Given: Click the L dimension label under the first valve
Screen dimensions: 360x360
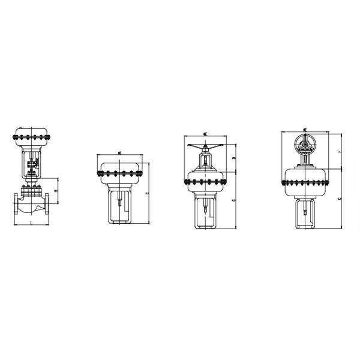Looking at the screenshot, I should click(x=31, y=222).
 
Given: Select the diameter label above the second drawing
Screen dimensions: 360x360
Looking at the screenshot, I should click(x=121, y=153).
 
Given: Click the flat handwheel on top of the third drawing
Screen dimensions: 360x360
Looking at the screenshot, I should click(x=207, y=147).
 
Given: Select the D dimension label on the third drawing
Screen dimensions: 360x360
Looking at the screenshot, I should click(x=233, y=158).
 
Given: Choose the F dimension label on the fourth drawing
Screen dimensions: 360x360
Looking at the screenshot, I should click(x=340, y=151).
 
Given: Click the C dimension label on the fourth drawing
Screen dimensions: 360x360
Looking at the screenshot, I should click(x=340, y=198).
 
